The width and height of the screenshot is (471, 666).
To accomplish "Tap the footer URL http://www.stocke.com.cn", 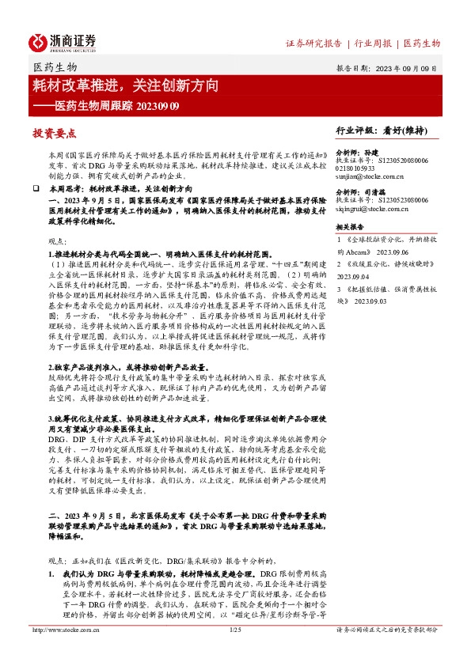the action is coord(64,652).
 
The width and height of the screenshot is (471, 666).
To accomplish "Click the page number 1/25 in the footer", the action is coord(234,652).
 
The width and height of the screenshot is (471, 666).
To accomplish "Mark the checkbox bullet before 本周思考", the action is coord(36,191).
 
